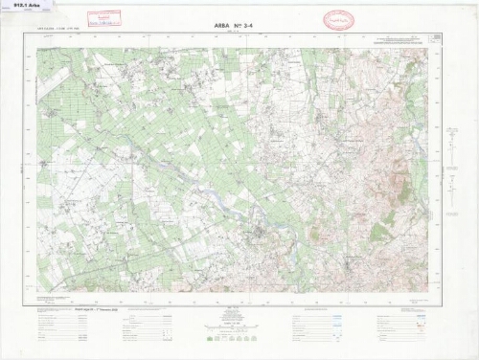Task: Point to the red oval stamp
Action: (337, 20)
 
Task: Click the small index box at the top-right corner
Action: (436, 38)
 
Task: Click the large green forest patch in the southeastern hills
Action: (382, 230)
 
